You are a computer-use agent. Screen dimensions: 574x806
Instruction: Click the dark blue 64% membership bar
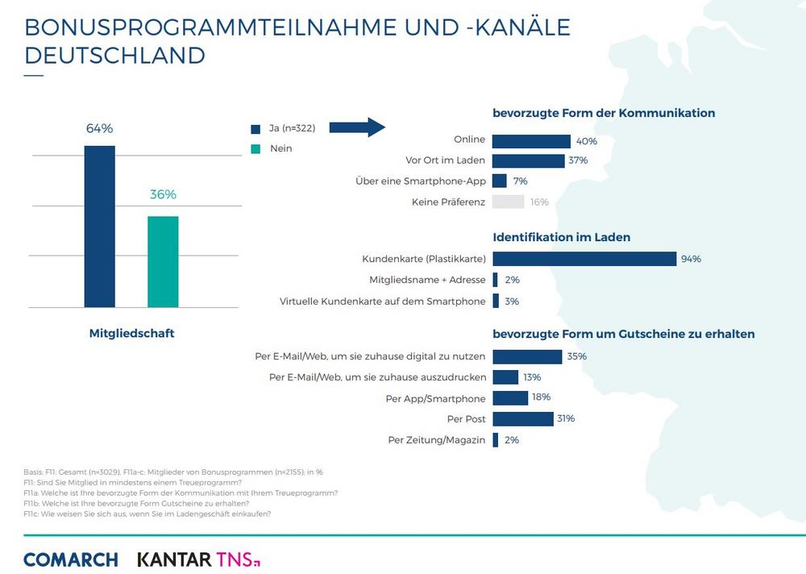[100, 227]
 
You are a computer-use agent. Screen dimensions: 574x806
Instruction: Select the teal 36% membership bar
[163, 262]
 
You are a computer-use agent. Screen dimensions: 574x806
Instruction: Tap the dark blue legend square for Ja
[256, 128]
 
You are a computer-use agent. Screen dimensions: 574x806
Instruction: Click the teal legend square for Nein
[256, 148]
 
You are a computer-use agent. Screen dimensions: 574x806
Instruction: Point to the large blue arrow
[359, 127]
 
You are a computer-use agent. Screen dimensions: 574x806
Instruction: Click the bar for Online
[531, 140]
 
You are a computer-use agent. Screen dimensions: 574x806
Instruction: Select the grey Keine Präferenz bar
[508, 202]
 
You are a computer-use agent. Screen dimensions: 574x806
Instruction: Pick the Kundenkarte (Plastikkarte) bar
[584, 259]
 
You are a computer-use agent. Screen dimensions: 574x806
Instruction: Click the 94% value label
[691, 259]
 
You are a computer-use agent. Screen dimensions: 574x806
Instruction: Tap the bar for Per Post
[522, 418]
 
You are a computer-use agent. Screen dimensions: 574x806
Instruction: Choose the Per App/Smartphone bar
[509, 397]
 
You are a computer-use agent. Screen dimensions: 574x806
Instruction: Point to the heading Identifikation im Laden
[561, 237]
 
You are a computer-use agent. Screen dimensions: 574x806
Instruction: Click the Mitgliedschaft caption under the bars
[131, 332]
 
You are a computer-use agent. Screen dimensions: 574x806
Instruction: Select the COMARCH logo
[71, 559]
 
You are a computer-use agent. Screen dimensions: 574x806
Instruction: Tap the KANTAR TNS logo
[198, 559]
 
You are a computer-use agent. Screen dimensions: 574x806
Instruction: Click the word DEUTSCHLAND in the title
[114, 55]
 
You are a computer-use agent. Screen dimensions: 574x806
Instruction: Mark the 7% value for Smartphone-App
[520, 181]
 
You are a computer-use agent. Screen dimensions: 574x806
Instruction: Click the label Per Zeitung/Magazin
[436, 439]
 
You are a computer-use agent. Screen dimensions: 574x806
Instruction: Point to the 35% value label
[576, 356]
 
